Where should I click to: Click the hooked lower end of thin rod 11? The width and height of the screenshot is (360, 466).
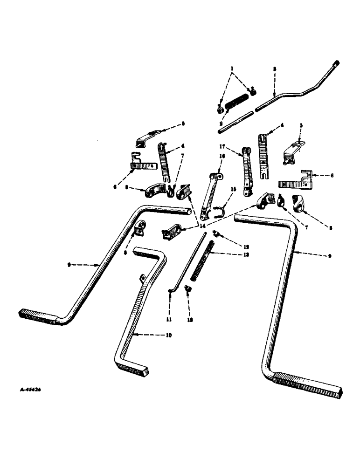coord(171,292)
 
